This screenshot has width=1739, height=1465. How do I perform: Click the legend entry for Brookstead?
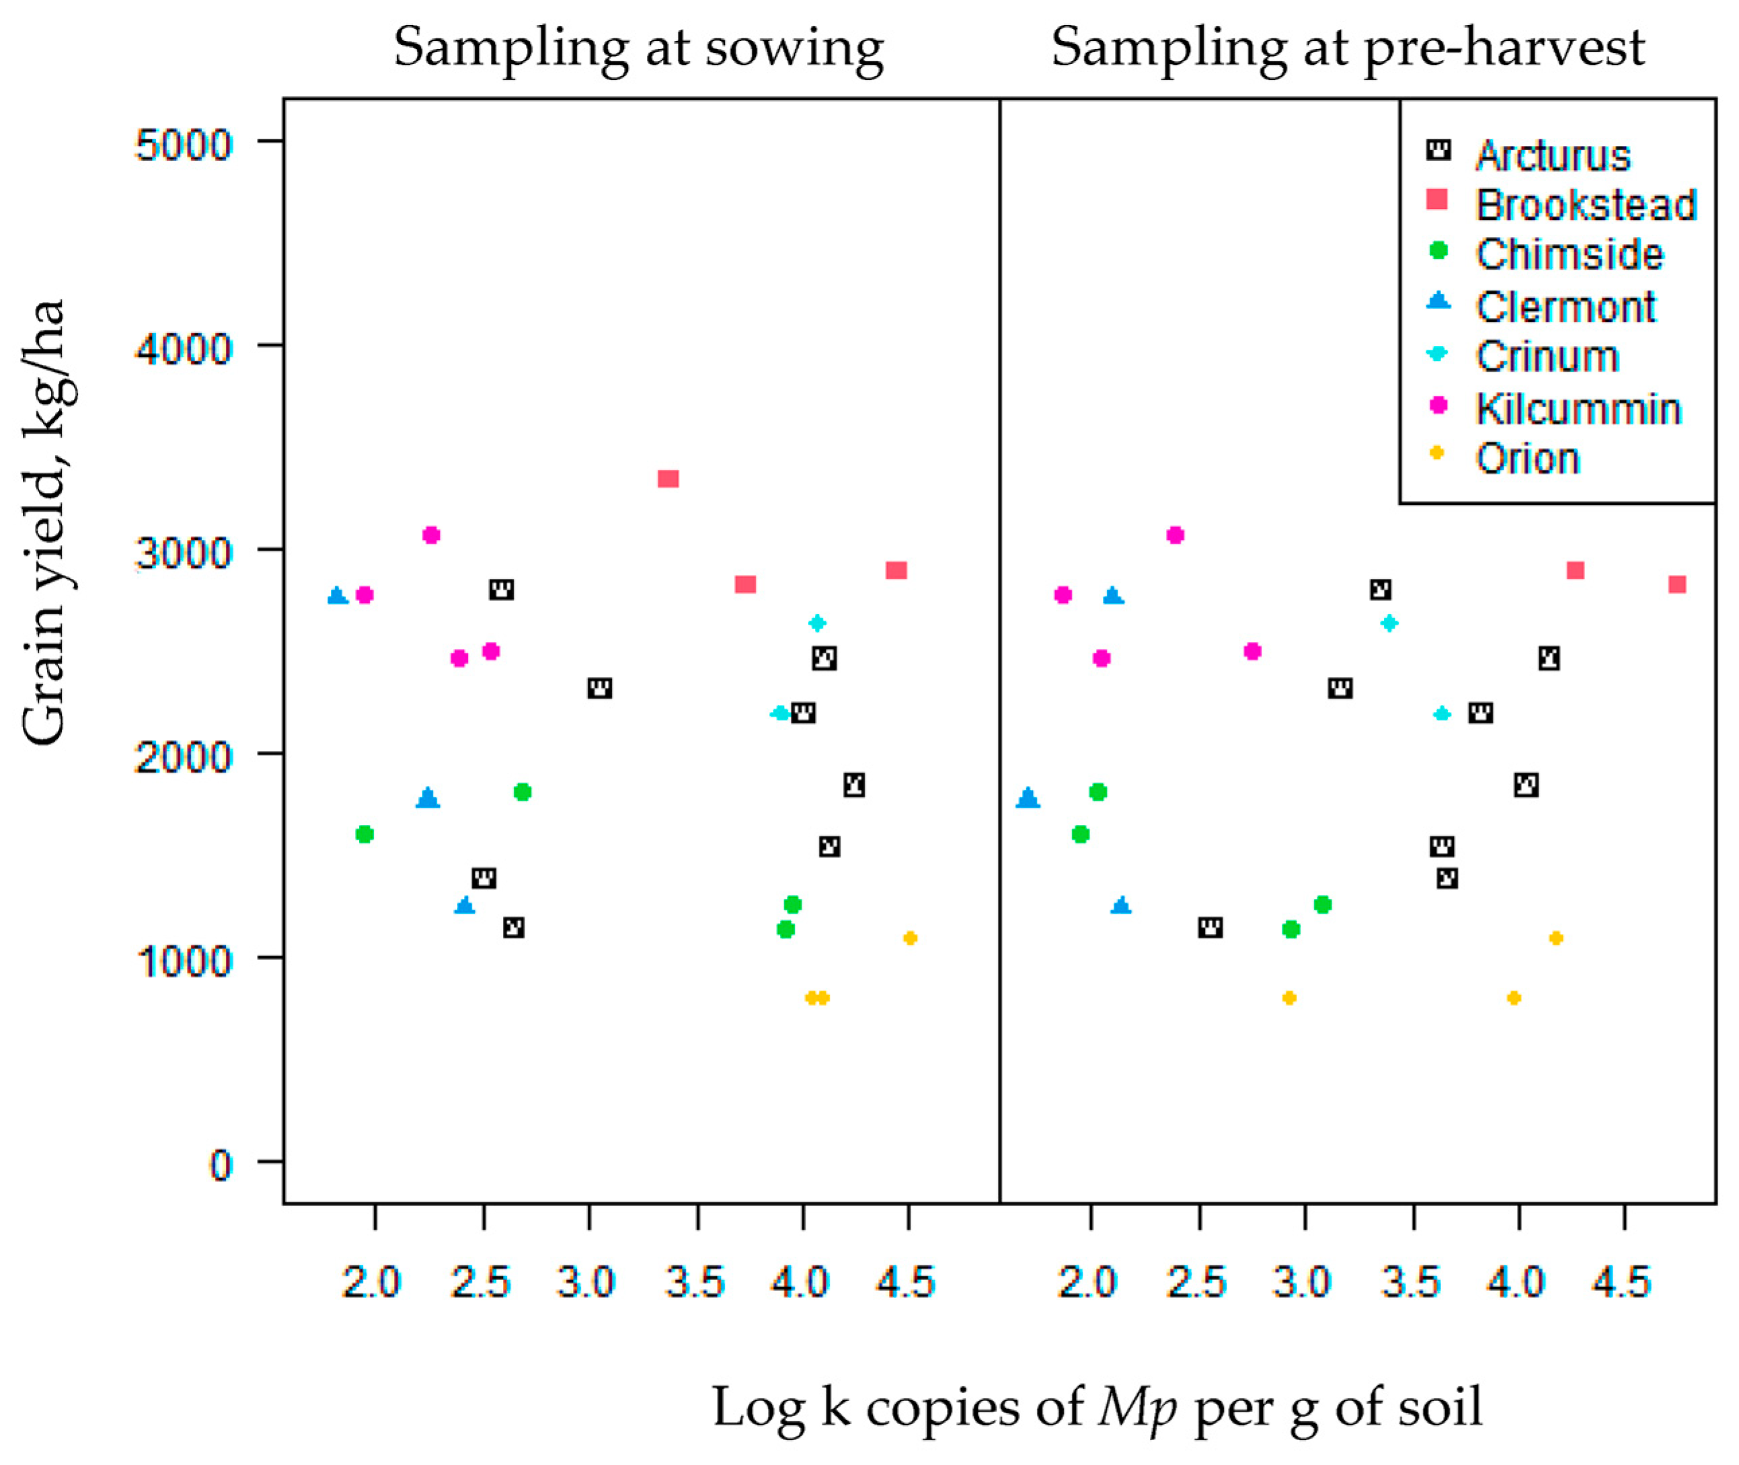tap(1584, 205)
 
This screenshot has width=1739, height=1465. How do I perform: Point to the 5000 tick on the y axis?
tap(184, 145)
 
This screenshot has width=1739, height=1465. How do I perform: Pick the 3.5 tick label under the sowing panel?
tap(695, 1282)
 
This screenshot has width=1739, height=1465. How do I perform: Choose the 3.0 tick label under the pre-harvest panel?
tap(1302, 1282)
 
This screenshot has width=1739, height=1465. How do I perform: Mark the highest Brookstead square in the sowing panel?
tap(668, 479)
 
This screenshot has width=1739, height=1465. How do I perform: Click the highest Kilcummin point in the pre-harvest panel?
tap(1174, 535)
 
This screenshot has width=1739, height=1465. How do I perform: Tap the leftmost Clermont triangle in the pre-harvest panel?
tap(1028, 798)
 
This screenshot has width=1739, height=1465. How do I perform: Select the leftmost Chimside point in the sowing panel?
tap(364, 834)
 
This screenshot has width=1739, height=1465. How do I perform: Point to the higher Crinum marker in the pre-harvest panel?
tap(1389, 623)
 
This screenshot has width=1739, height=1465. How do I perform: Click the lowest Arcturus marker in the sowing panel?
tap(513, 927)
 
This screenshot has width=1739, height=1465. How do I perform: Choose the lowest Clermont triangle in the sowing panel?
tap(465, 905)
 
